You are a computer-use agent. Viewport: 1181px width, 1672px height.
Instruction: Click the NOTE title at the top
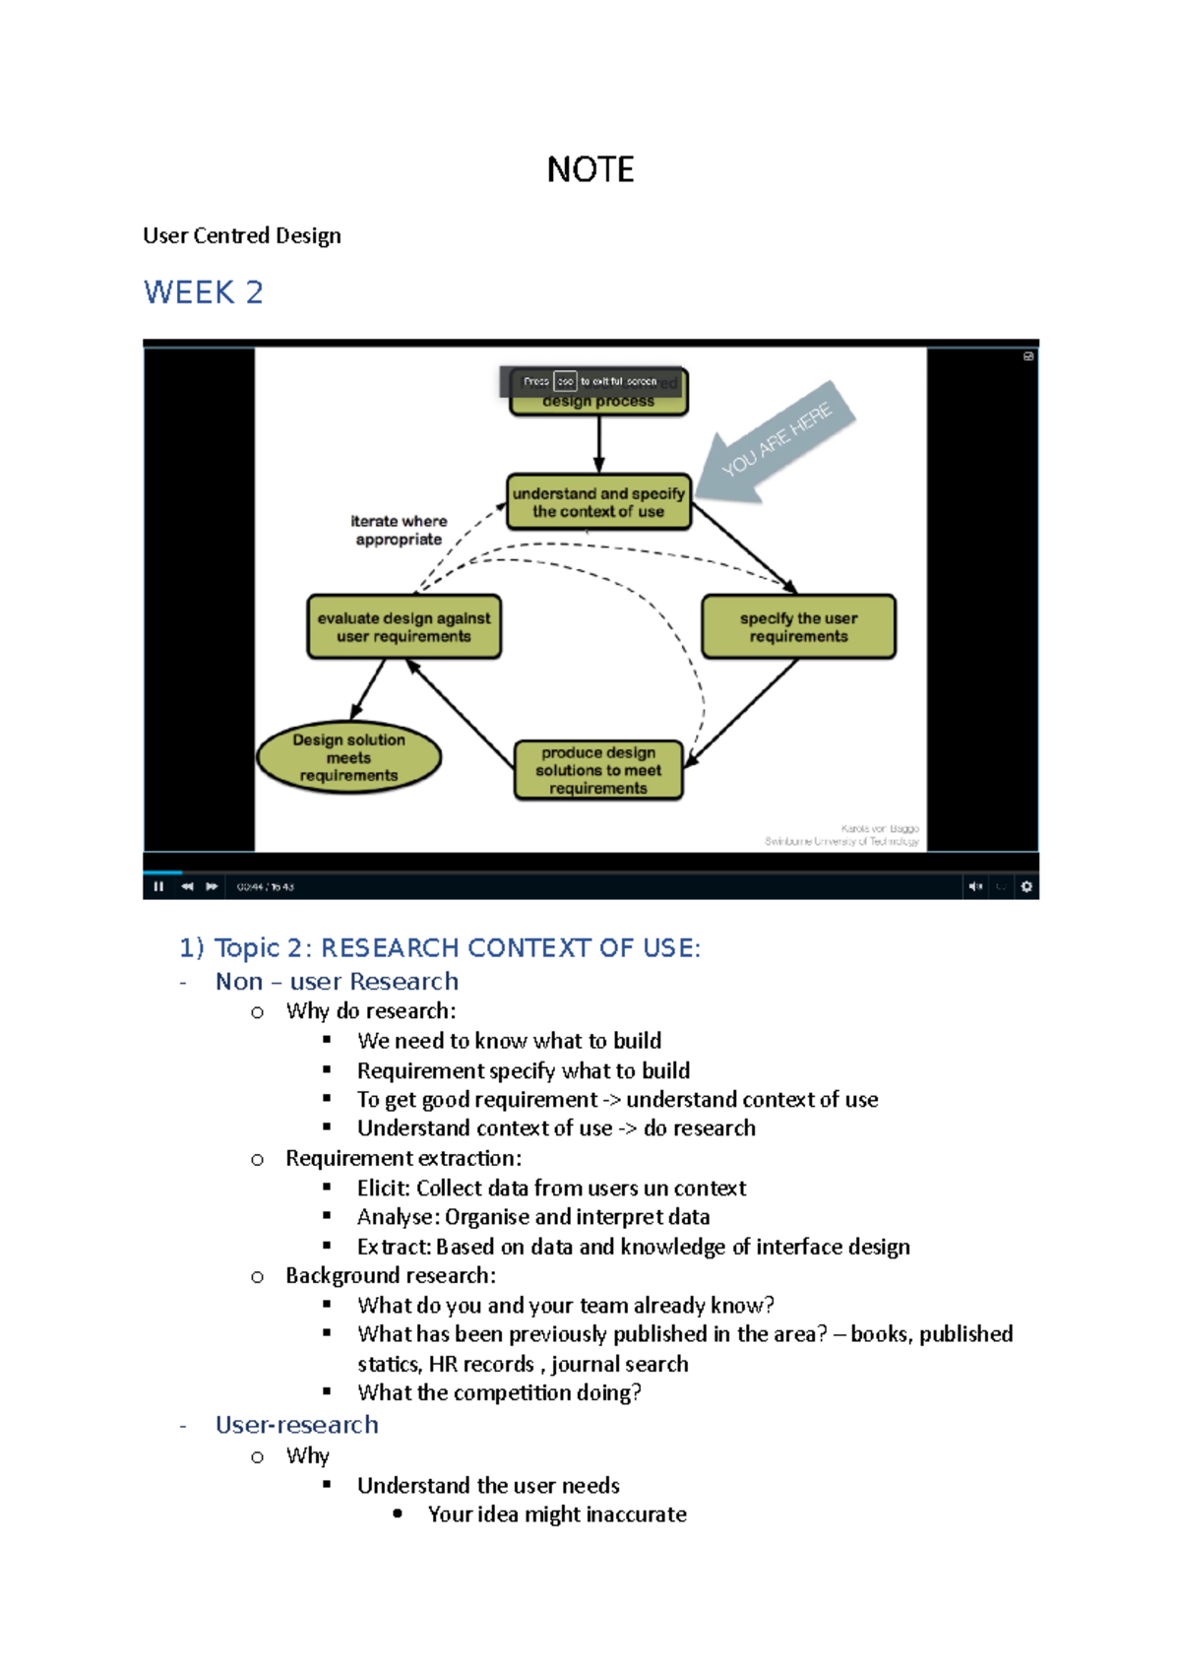pos(590,169)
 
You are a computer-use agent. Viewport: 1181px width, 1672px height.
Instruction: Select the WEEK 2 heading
pos(203,292)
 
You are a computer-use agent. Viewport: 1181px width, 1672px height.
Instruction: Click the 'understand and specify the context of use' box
pos(598,502)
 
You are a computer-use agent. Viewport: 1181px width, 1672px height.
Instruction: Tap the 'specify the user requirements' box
pos(798,627)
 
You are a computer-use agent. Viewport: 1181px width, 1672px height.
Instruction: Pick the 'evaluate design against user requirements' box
pos(404,627)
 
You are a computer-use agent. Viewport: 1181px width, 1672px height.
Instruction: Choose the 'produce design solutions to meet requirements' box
pos(598,770)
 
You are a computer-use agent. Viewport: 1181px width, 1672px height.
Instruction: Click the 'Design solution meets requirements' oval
pos(348,757)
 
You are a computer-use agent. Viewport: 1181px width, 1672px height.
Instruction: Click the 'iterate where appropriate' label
pos(399,530)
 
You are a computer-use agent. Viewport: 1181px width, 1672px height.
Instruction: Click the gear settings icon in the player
pos(1026,886)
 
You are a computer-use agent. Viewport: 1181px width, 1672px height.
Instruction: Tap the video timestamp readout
pos(265,887)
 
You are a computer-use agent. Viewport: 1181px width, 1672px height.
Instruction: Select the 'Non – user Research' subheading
pos(337,982)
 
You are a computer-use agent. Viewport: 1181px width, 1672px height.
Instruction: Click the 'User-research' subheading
pos(296,1425)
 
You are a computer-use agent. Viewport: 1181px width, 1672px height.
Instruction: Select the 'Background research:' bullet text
pos(391,1276)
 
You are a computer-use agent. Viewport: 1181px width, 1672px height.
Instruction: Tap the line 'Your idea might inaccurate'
pos(557,1514)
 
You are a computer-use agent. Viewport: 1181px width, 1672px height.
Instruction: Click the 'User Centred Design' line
pos(242,235)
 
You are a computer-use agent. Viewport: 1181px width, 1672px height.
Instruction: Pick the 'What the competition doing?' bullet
pos(499,1393)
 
